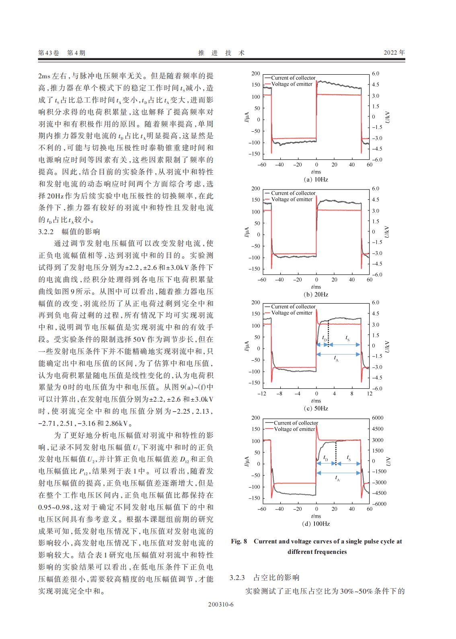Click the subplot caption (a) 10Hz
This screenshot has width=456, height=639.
316,180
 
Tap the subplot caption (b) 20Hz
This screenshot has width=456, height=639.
316,294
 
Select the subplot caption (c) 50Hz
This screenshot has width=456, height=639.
316,408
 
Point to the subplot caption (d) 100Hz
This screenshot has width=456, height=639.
316,524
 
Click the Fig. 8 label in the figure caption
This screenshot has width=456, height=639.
239,541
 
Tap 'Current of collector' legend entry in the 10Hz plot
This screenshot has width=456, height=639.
293,78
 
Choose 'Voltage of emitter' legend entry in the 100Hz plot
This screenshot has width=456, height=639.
294,429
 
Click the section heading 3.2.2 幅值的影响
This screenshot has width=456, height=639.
69,232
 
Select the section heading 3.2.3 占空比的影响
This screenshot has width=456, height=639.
265,578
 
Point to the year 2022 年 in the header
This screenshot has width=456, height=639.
394,53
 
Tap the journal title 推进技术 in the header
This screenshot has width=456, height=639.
222,53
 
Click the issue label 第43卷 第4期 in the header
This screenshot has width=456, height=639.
62,53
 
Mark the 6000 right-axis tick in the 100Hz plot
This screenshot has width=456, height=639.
378,418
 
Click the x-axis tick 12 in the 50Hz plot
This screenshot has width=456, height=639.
370,394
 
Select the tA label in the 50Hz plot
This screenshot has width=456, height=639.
337,359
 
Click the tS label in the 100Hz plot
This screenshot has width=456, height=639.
349,458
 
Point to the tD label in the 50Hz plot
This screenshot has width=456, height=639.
325,339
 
